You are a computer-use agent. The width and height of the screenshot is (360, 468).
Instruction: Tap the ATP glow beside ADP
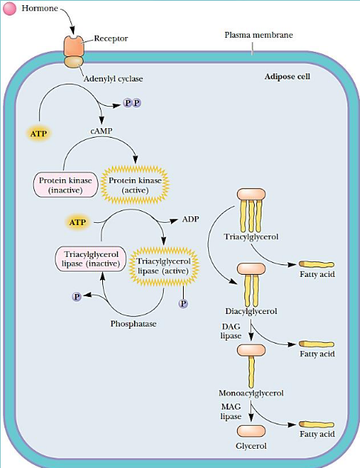(78, 221)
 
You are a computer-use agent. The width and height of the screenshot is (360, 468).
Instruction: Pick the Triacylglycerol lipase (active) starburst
(164, 267)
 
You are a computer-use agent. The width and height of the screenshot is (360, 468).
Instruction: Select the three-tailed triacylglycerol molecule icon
(251, 209)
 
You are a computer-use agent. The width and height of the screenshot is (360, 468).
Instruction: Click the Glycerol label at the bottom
(250, 446)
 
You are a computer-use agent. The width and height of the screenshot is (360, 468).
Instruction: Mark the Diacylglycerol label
(251, 311)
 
